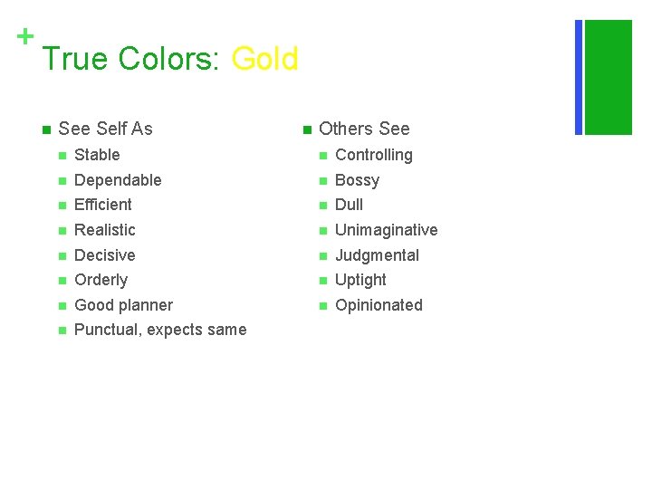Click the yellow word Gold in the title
tap(264, 60)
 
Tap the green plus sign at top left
tap(25, 36)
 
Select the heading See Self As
tap(105, 129)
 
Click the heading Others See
tap(364, 129)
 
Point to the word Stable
tap(97, 155)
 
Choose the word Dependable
tap(118, 180)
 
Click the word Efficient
tap(103, 205)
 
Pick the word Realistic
tap(105, 230)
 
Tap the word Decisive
tap(105, 255)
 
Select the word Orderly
tap(101, 280)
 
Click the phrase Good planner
tap(123, 305)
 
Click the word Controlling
tap(374, 155)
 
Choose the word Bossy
tap(358, 180)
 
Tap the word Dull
tap(350, 205)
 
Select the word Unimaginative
tap(387, 230)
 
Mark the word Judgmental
tap(378, 255)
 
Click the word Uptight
tap(361, 280)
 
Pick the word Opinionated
tap(379, 305)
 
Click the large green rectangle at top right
tap(609, 77)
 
